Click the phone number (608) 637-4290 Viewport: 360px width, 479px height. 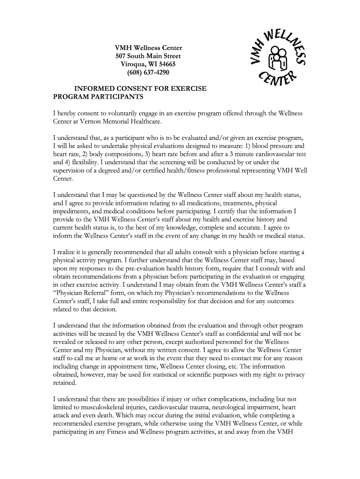coord(148,73)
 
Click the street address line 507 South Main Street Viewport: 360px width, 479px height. coord(148,56)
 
